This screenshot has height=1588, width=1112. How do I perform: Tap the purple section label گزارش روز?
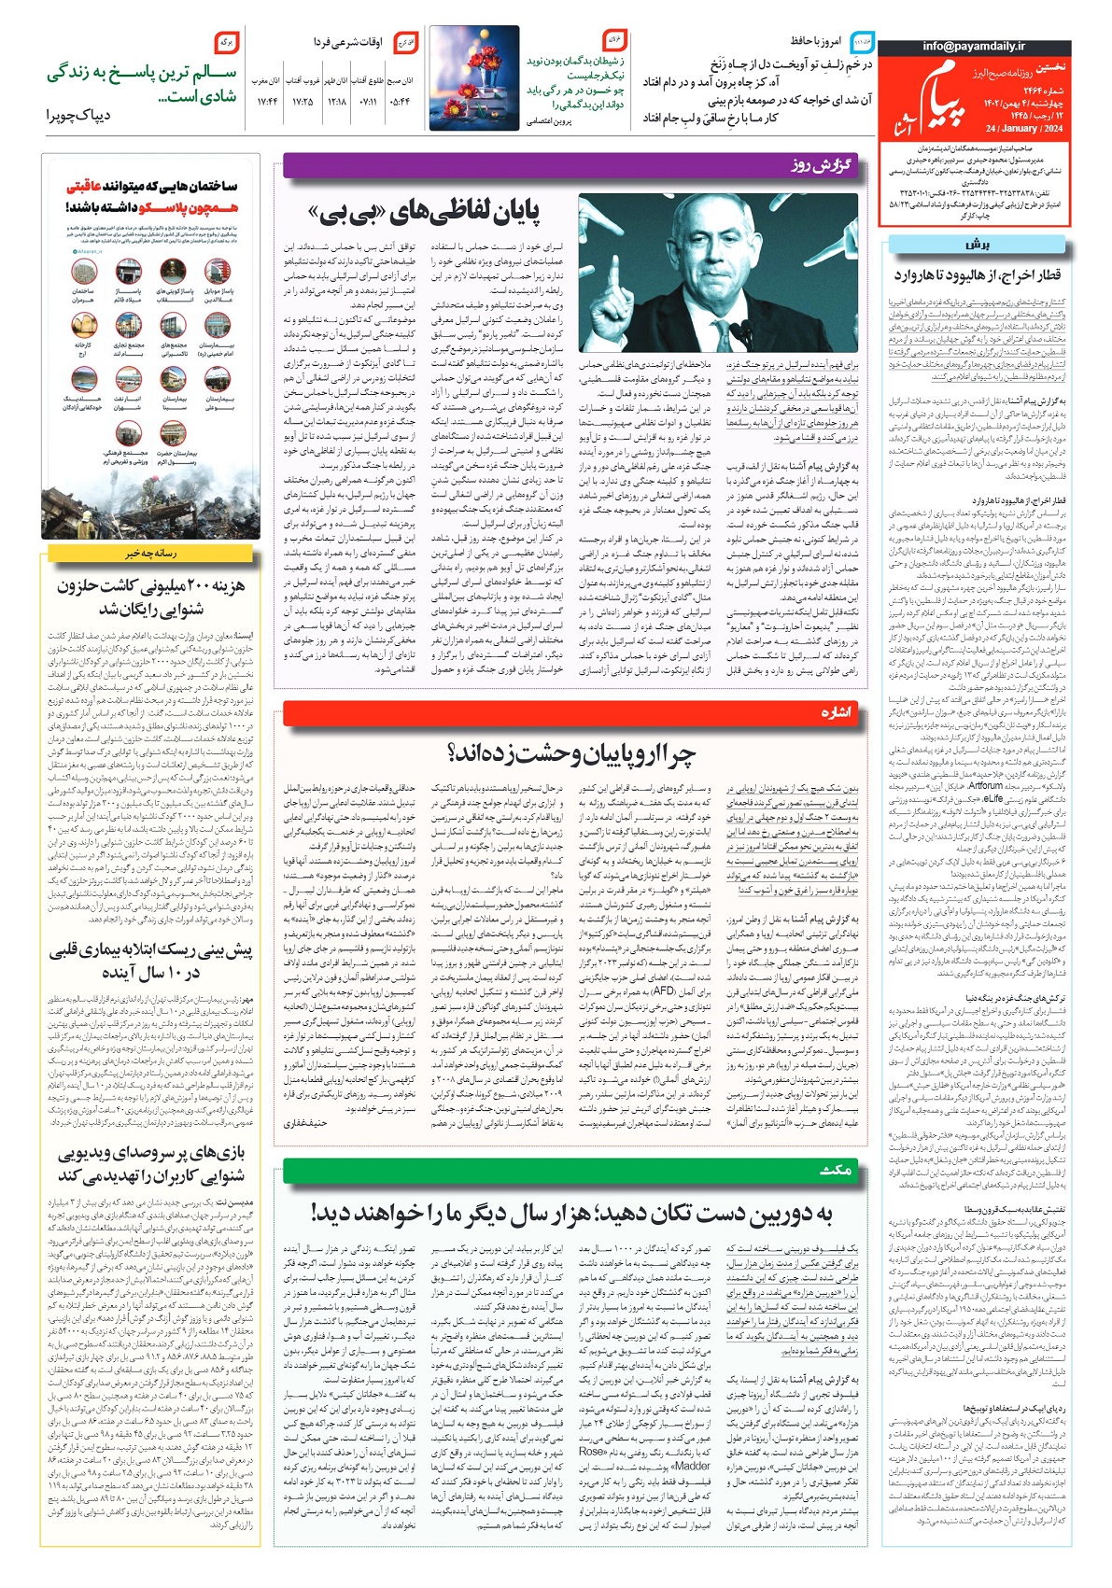[822, 165]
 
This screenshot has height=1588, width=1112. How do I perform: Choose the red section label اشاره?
[835, 712]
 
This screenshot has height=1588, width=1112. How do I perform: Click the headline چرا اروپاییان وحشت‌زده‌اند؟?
[571, 752]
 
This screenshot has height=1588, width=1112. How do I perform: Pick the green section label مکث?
[836, 1170]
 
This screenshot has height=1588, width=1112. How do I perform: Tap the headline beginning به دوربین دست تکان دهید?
[571, 1213]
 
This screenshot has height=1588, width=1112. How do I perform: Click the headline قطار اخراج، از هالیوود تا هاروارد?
[977, 274]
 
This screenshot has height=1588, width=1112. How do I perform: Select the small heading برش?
[977, 245]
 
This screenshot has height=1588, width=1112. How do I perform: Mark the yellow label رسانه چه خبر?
[151, 553]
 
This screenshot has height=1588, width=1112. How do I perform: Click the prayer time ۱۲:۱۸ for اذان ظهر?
[337, 102]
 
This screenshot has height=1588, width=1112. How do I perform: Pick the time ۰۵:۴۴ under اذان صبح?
[398, 102]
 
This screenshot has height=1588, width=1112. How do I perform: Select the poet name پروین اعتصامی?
[549, 120]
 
